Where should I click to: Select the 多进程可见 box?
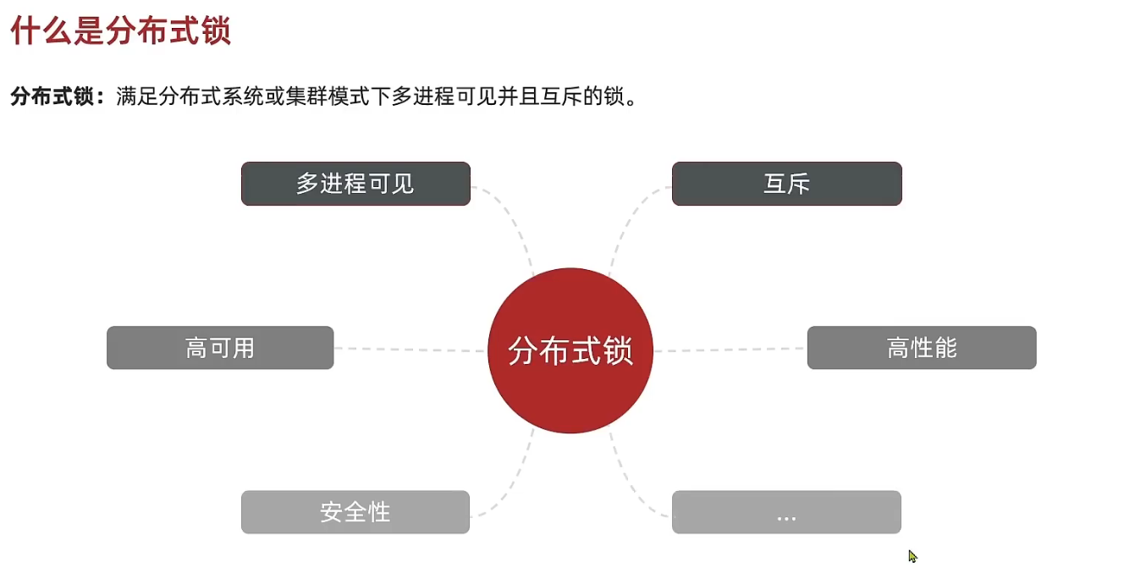(x=355, y=184)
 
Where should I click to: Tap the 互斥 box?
(x=786, y=184)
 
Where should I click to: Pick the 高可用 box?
(x=220, y=348)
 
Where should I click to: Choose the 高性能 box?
(x=921, y=348)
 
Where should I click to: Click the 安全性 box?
(x=355, y=512)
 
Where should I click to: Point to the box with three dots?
(x=786, y=512)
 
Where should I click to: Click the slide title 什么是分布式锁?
(x=120, y=33)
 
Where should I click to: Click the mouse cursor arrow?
(x=912, y=555)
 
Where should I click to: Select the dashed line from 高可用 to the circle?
(x=410, y=349)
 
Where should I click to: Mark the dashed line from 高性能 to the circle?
(x=730, y=349)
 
